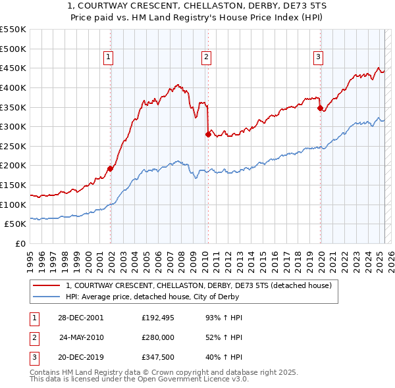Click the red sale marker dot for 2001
tap(111, 168)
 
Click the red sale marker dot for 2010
tap(208, 134)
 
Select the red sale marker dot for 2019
tap(320, 108)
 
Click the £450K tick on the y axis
tap(13, 68)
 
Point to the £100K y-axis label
tap(13, 205)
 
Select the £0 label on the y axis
tap(20, 243)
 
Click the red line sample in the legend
tap(46, 285)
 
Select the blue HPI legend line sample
tap(46, 297)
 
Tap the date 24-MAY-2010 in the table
tap(82, 337)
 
